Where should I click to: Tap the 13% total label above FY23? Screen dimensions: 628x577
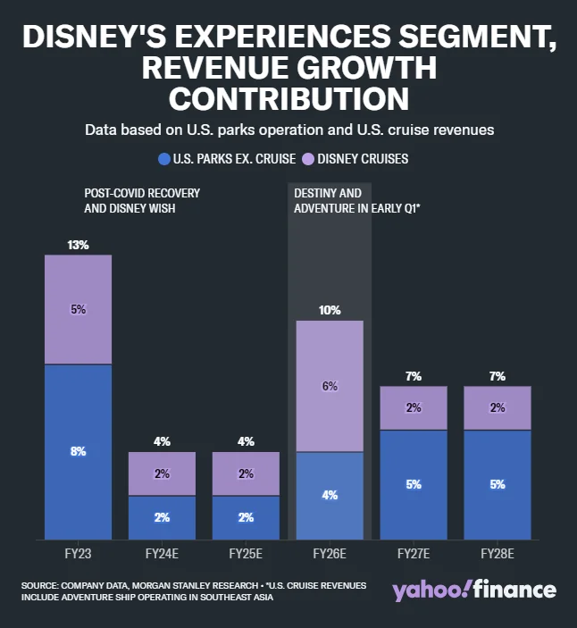point(78,245)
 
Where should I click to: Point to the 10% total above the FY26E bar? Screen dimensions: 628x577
point(330,310)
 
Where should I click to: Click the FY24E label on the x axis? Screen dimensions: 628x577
point(162,555)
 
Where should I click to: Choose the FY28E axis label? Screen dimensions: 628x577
point(498,555)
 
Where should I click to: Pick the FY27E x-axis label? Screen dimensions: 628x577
point(414,555)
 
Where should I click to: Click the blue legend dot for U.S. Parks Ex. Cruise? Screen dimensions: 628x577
point(163,159)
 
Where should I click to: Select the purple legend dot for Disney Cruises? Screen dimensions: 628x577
point(305,159)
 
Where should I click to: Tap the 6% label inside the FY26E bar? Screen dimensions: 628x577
point(330,386)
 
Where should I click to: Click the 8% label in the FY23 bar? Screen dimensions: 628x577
point(78,452)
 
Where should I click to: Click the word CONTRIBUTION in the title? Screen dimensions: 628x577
point(288,96)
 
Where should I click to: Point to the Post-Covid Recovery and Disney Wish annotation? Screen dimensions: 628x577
point(141,200)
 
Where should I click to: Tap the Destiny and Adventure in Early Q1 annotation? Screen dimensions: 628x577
point(344,200)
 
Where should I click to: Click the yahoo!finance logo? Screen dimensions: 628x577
point(473,590)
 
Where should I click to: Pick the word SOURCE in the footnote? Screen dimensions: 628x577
point(41,585)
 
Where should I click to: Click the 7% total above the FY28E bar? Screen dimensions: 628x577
point(498,376)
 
